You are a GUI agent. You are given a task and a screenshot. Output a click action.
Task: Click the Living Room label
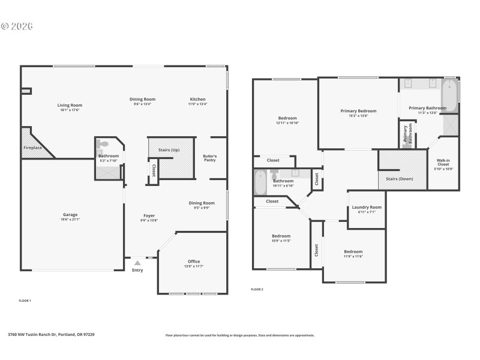70,105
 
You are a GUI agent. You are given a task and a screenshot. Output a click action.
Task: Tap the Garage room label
70,214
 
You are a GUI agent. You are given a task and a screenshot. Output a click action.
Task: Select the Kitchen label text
198,99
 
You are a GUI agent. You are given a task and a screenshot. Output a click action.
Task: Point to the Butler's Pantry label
210,158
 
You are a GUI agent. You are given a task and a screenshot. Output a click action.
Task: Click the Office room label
194,261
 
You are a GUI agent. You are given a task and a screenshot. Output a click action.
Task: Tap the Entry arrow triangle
137,262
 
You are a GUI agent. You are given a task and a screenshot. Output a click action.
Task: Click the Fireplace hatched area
33,147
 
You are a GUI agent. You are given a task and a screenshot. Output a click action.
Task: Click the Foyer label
149,215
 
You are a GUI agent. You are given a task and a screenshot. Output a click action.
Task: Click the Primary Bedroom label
358,110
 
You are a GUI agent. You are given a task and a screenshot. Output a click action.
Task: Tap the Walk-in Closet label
443,163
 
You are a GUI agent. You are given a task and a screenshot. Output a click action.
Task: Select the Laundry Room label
367,207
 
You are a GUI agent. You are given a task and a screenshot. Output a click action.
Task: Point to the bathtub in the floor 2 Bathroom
260,183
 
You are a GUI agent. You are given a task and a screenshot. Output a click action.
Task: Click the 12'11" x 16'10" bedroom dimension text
287,123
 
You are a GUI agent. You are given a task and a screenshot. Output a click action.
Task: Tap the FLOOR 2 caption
257,289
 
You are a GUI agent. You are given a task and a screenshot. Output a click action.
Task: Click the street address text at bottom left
51,335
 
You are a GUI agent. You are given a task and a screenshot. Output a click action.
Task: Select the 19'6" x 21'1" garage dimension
70,220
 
